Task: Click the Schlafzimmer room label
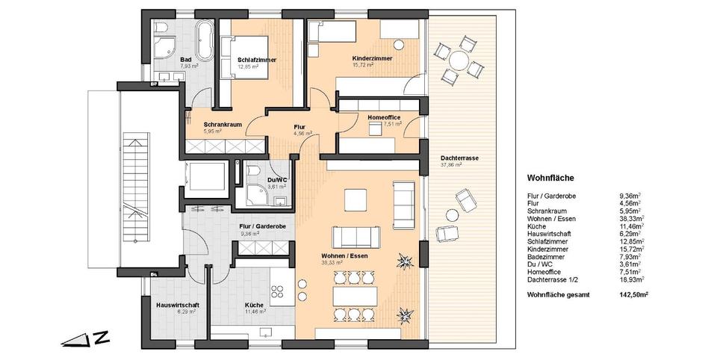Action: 255,59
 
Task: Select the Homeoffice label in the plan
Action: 384,118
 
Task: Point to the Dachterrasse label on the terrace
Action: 458,160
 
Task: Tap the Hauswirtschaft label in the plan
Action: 176,305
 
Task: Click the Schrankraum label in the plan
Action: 222,124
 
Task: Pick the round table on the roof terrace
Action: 456,58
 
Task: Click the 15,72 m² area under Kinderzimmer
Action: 364,65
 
